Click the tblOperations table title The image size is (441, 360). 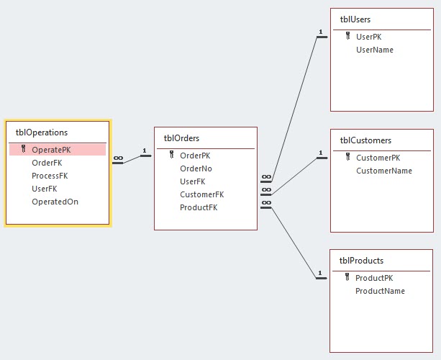[42, 132]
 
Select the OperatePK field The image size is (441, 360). [51, 150]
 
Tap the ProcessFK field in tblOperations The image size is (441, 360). [50, 176]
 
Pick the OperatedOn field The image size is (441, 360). [55, 202]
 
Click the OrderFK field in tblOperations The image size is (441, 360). [47, 163]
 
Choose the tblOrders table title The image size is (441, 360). [181, 138]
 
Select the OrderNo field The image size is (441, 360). [196, 168]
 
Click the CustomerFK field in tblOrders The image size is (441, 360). [201, 194]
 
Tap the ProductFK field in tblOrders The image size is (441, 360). [199, 207]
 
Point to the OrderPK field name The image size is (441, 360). [195, 156]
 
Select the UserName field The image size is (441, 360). [375, 50]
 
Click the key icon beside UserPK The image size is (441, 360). [347, 37]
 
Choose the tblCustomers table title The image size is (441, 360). [365, 140]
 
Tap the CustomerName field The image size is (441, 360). [384, 171]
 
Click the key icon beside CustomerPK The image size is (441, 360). [347, 158]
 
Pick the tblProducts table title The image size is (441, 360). [362, 261]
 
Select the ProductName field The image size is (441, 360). [380, 291]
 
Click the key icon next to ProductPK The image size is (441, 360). [347, 278]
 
